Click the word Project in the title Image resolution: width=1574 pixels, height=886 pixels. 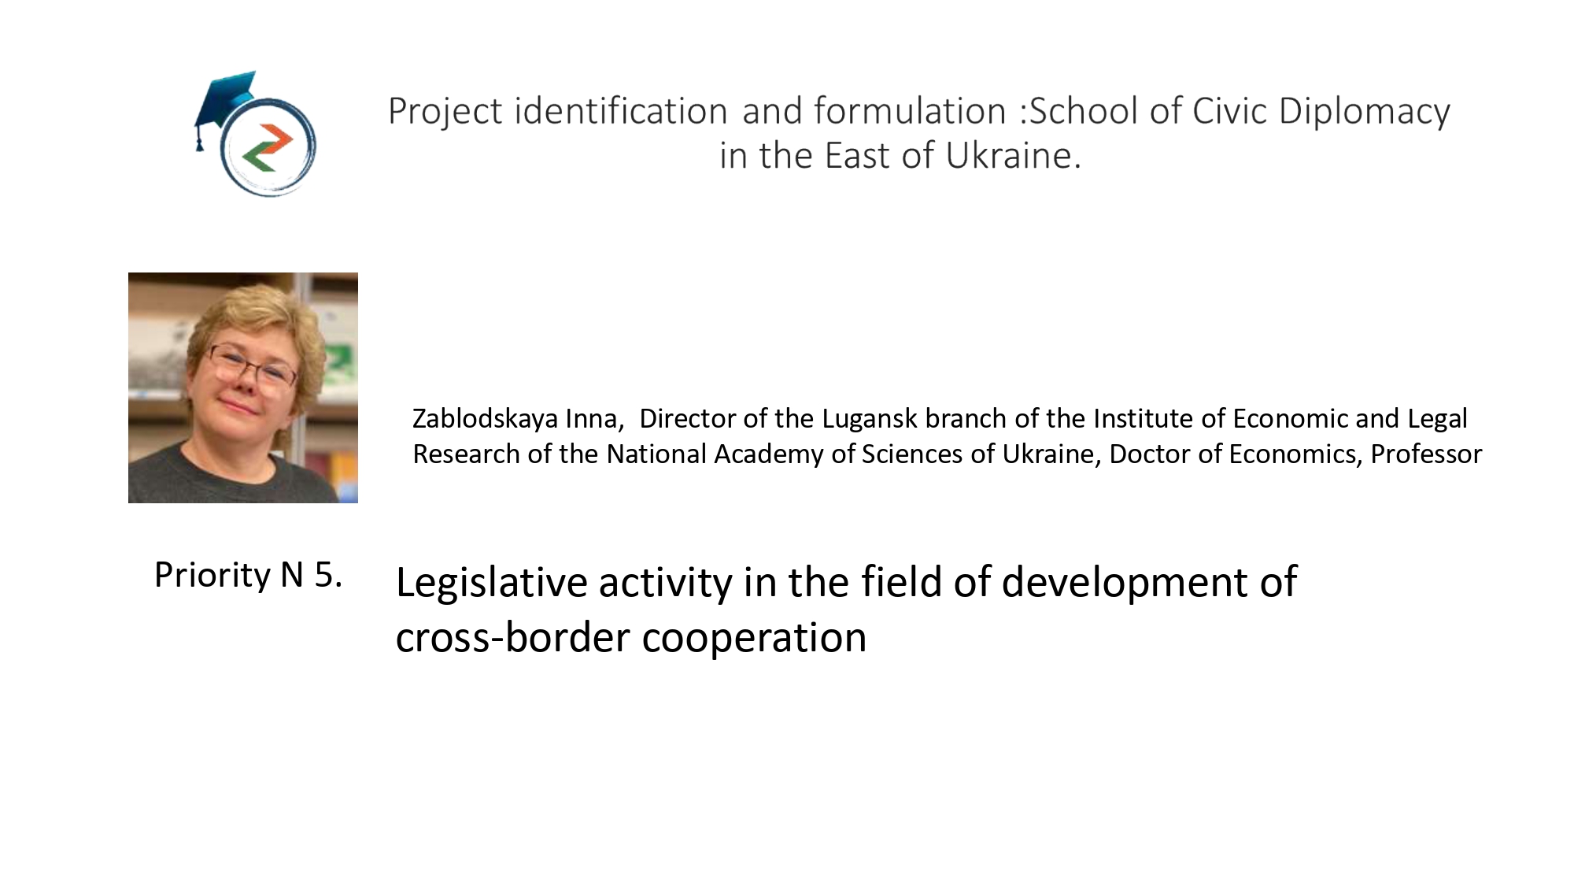[x=445, y=112]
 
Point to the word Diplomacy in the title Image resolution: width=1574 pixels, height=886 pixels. [x=1364, y=112]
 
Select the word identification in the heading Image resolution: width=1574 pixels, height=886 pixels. [x=621, y=110]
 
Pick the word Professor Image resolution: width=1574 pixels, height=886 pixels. [x=1426, y=454]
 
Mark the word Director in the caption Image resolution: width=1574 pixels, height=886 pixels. [x=688, y=418]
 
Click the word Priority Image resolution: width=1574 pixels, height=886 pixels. [x=212, y=575]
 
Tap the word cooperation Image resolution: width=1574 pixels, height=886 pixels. [x=754, y=639]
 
